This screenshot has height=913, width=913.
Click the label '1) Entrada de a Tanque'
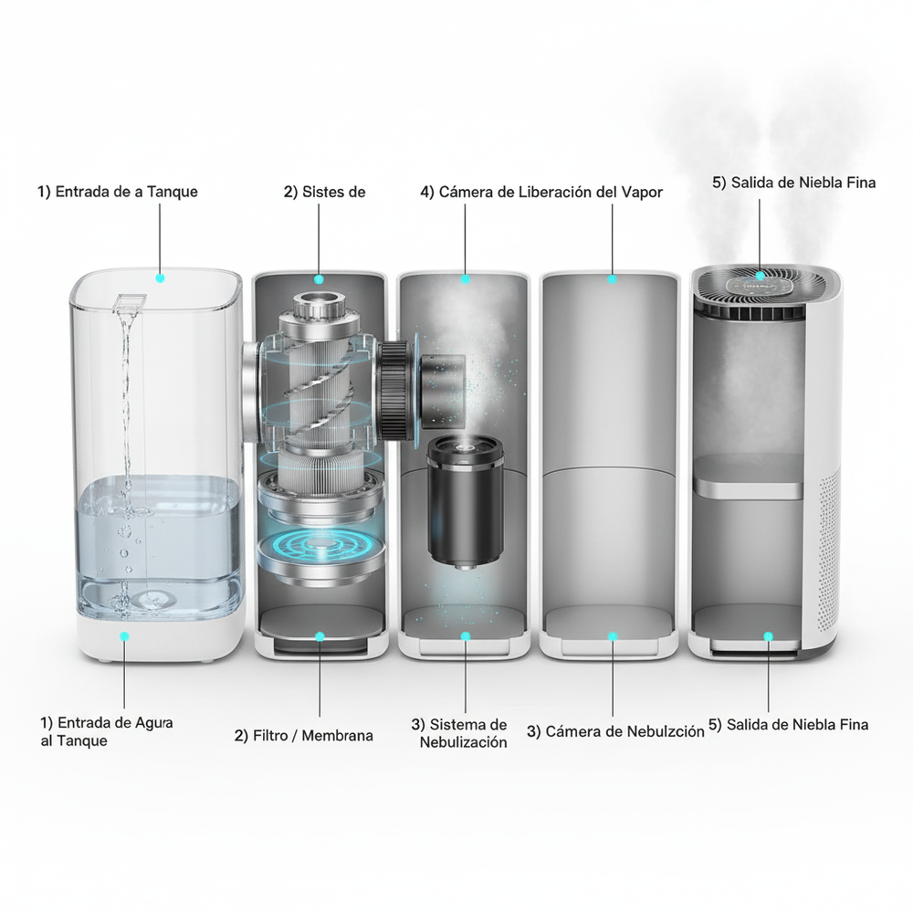click(118, 192)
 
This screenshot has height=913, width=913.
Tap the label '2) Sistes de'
click(324, 192)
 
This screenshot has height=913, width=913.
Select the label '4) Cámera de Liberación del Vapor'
click(541, 192)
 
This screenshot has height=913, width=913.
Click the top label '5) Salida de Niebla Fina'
click(793, 183)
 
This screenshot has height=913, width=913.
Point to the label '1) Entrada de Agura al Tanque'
click(107, 731)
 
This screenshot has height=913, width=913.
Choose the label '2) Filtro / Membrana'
click(303, 735)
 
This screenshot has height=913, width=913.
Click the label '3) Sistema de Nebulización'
click(459, 733)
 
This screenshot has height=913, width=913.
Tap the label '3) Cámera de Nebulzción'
click(615, 731)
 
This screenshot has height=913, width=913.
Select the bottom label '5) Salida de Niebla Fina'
click(789, 724)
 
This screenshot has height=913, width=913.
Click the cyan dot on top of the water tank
click(160, 278)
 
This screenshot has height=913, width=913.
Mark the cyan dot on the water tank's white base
click(124, 636)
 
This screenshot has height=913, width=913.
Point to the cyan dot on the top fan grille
click(760, 276)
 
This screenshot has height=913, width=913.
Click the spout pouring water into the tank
click(129, 305)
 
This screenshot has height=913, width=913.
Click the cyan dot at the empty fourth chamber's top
click(612, 279)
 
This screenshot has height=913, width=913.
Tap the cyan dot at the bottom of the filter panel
click(320, 636)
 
